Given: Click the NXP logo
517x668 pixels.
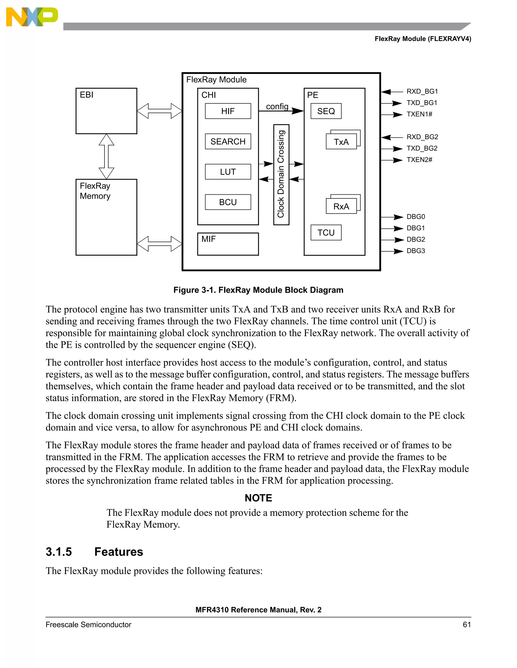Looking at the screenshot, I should click(32, 17).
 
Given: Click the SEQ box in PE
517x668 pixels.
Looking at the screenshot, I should click(326, 111).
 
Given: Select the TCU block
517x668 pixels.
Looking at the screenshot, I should click(326, 232).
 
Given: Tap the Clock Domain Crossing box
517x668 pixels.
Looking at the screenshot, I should click(281, 174).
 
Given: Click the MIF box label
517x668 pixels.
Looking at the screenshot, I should click(209, 239).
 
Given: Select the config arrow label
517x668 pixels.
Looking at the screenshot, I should click(277, 106).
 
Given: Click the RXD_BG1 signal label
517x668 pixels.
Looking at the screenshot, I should click(422, 92).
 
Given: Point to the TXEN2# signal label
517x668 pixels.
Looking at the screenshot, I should click(419, 160).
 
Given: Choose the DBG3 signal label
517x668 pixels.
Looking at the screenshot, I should click(416, 251).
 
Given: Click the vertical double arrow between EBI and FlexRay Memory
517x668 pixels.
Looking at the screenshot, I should click(106, 156).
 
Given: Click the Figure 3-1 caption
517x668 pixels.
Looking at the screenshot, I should click(258, 290).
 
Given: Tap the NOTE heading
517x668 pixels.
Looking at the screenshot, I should click(258, 498).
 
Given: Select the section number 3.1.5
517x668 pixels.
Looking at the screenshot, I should click(59, 552).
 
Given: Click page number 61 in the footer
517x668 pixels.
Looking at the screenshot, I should click(467, 625).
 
